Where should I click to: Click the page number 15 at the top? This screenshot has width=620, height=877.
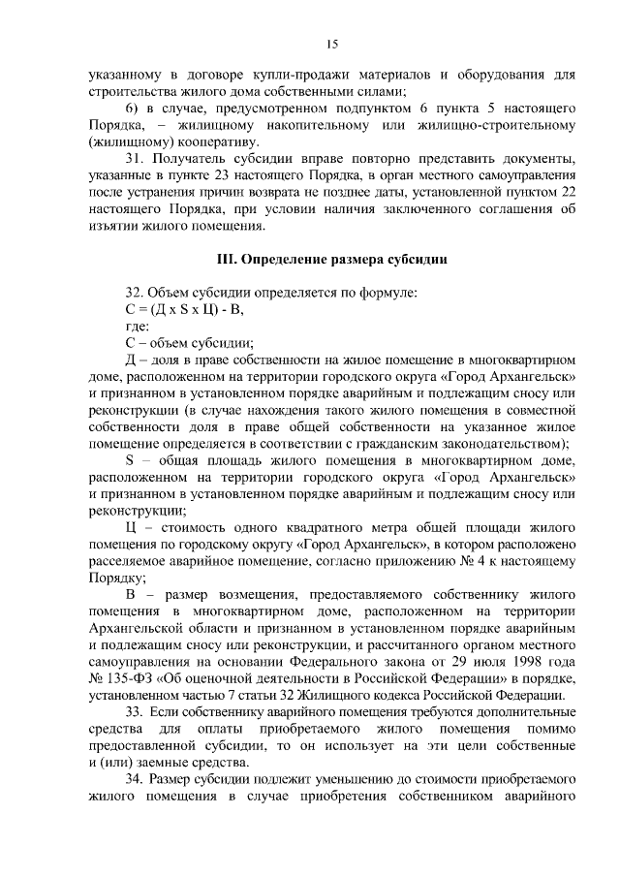click(331, 44)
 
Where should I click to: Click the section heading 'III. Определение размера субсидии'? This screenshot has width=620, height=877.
click(330, 260)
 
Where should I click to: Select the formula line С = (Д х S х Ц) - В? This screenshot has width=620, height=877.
click(179, 309)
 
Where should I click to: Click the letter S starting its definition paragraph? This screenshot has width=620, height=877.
click(130, 459)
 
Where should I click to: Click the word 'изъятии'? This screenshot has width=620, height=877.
click(117, 226)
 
